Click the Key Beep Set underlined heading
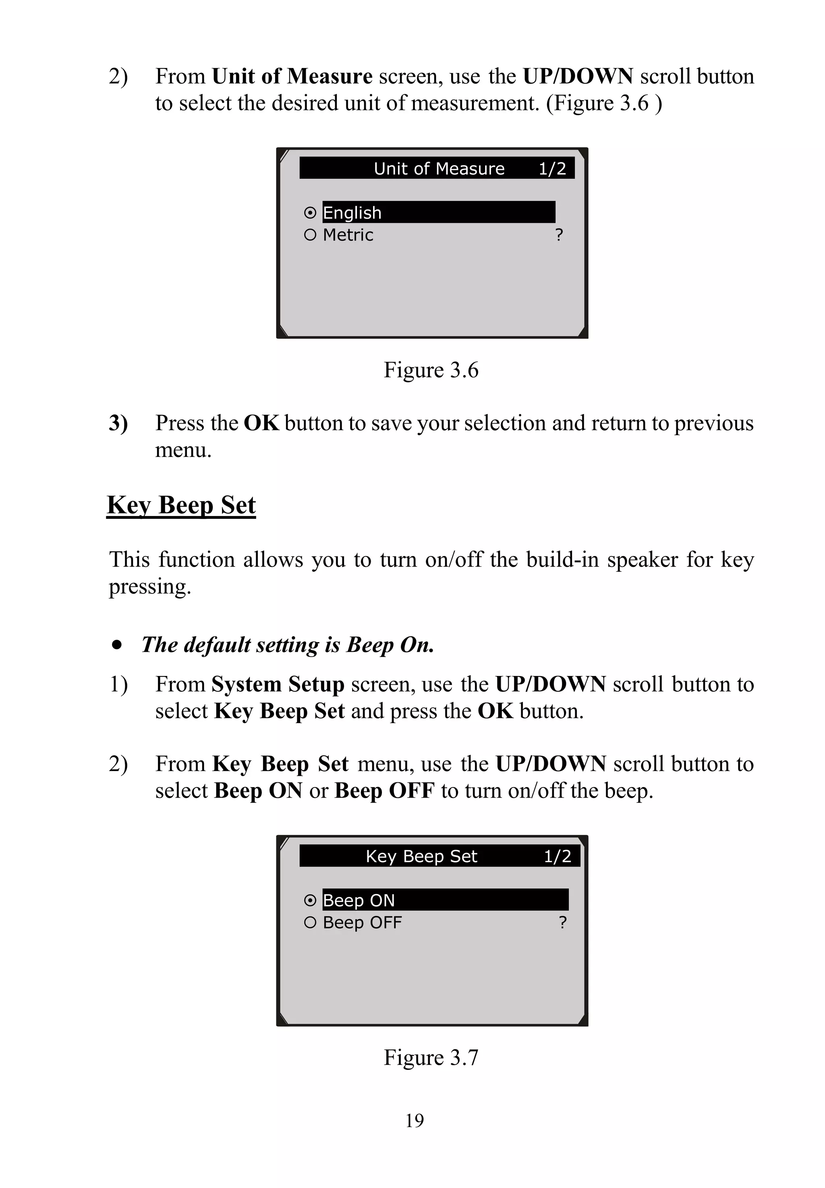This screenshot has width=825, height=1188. (x=181, y=505)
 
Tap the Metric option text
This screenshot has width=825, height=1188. (x=348, y=235)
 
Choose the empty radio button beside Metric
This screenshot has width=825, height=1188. (x=310, y=235)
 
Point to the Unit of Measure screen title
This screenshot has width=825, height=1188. (x=439, y=168)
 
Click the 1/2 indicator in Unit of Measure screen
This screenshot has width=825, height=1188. (x=552, y=168)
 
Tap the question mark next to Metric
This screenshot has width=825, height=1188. (x=559, y=235)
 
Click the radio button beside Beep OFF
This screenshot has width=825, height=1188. (x=310, y=922)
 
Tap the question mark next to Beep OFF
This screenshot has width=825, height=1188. (x=563, y=922)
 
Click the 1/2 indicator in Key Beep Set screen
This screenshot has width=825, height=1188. (x=557, y=856)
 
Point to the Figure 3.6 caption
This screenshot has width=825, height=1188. (x=431, y=370)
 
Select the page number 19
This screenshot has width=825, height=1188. (x=415, y=1120)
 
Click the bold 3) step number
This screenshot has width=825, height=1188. (x=118, y=423)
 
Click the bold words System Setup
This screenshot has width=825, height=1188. (x=278, y=684)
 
